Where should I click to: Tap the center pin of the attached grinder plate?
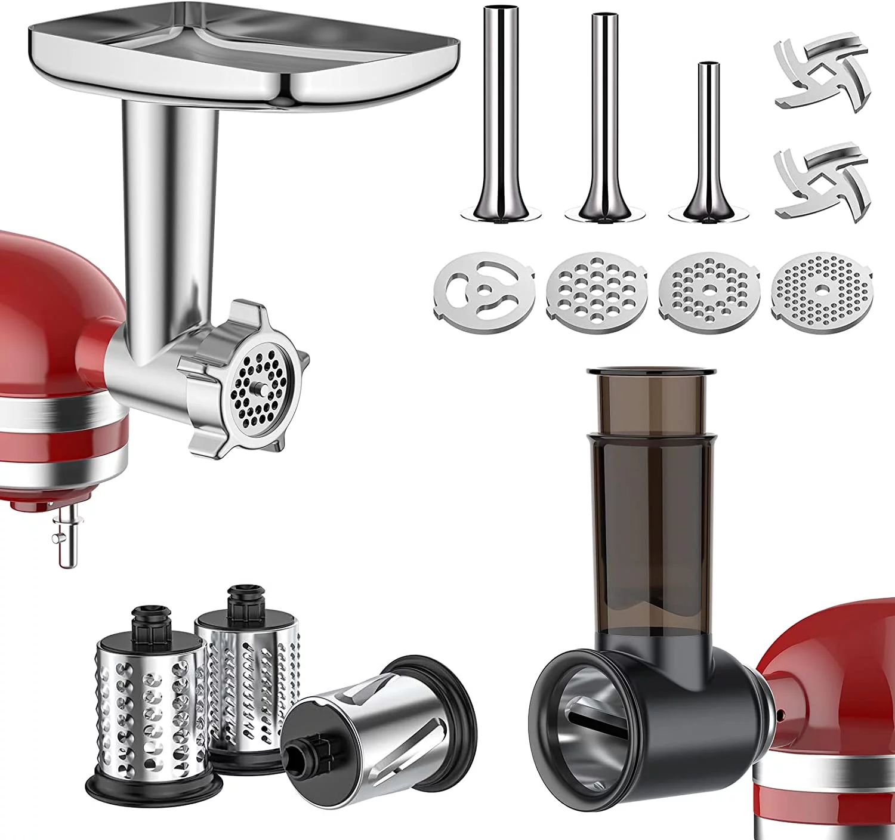(261, 390)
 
